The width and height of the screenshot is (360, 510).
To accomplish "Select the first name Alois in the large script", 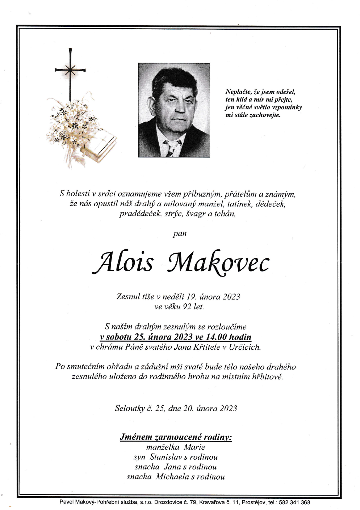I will point(124,263).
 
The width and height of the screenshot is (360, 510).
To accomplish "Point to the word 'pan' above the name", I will point(180,233).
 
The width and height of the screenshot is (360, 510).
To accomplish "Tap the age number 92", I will point(187,307).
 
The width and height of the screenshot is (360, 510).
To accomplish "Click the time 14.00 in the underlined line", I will point(216,337).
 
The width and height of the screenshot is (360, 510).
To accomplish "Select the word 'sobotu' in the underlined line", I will point(119,337).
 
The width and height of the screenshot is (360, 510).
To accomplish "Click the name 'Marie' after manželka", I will point(194,447).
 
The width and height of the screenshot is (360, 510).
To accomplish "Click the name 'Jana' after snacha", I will point(172,467).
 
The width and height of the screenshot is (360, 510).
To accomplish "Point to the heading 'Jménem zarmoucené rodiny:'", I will point(176,437).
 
